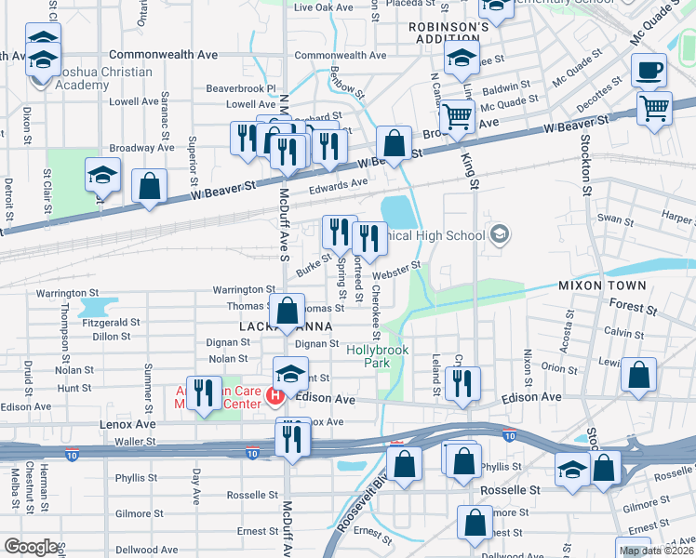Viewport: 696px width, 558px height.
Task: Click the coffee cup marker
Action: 649,71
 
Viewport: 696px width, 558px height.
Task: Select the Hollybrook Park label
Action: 372,357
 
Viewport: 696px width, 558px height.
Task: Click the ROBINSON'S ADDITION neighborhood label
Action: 448,34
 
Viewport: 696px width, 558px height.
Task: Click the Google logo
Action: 30,547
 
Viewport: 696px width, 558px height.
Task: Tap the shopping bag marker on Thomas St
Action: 288,311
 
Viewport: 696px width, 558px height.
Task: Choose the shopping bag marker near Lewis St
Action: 639,376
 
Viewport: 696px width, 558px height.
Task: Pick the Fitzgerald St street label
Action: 110,322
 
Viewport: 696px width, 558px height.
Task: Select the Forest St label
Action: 634,305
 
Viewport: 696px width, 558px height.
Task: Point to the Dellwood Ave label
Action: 146,550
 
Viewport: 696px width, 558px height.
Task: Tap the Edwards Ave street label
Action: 339,184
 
